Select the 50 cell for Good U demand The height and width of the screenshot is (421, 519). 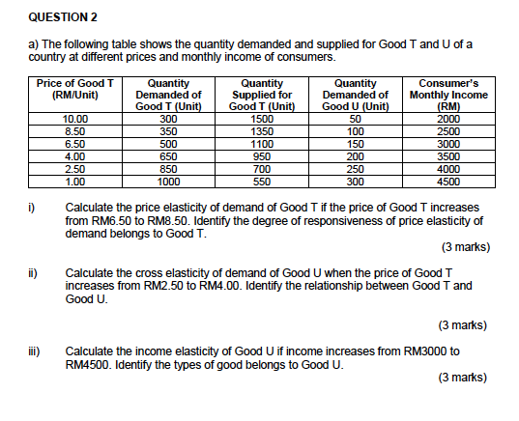(355, 119)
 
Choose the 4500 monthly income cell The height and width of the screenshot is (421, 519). (448, 180)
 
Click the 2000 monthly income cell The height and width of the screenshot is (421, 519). (448, 119)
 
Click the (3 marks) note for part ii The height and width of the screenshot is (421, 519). (463, 324)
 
